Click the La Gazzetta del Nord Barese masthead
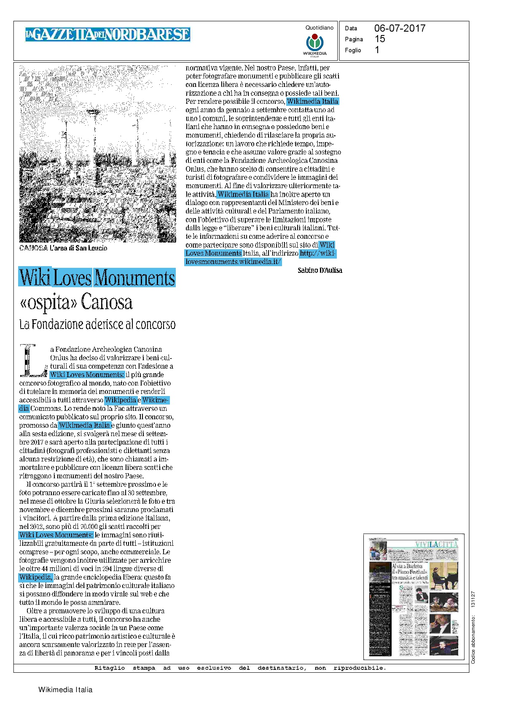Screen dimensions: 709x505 tap(107, 34)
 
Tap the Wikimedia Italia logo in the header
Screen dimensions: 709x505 tap(314, 43)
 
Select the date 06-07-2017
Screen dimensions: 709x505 tap(400, 28)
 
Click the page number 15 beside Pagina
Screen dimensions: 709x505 tap(380, 39)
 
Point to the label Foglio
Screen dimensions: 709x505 tap(353, 50)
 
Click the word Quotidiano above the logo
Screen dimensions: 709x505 tap(319, 28)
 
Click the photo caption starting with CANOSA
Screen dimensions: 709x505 tap(63, 248)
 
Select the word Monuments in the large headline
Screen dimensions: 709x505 tap(134, 278)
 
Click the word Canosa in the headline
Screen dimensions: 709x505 tap(107, 302)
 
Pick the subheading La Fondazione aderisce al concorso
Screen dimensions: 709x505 tap(97, 324)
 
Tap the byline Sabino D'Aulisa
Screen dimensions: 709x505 tap(320, 270)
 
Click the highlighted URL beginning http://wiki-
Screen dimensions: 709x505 tap(318, 253)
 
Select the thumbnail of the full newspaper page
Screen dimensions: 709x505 tap(414, 596)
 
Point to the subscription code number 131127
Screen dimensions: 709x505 tap(473, 599)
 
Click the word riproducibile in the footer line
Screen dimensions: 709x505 tap(360, 668)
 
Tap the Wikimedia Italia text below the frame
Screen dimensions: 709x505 tap(65, 690)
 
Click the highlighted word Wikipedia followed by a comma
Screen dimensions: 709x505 tap(36, 577)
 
